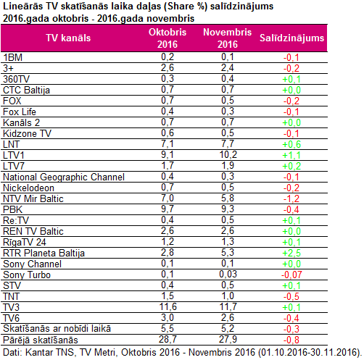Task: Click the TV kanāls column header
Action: pyautogui.click(x=68, y=38)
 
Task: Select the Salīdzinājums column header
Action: pyautogui.click(x=291, y=38)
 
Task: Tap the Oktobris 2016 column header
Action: pyautogui.click(x=167, y=38)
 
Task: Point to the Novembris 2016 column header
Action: pyautogui.click(x=228, y=38)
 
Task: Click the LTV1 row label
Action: pyautogui.click(x=14, y=155)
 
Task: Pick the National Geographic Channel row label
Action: pyautogui.click(x=64, y=177)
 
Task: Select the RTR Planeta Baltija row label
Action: pyautogui.click(x=44, y=253)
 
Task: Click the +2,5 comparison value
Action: pyautogui.click(x=291, y=253)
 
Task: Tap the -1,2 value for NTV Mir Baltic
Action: pyautogui.click(x=291, y=198)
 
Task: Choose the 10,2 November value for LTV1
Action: pyautogui.click(x=228, y=154)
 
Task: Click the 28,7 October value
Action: pyautogui.click(x=167, y=339)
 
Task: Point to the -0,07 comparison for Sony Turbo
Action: pyautogui.click(x=291, y=275)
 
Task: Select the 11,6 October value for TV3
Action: pyautogui.click(x=168, y=306)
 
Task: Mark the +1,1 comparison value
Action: pyautogui.click(x=291, y=155)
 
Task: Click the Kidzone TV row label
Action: pyautogui.click(x=27, y=133)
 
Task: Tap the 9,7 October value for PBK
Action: pyautogui.click(x=167, y=209)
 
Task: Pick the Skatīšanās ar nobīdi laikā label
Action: pyautogui.click(x=57, y=329)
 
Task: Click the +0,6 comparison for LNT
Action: pyautogui.click(x=291, y=144)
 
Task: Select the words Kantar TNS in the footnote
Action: pyautogui.click(x=49, y=352)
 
